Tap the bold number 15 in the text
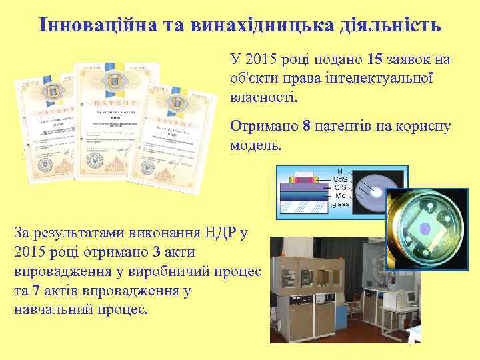[375, 60]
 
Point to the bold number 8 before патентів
[307, 125]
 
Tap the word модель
[255, 145]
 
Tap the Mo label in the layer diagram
[341, 196]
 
